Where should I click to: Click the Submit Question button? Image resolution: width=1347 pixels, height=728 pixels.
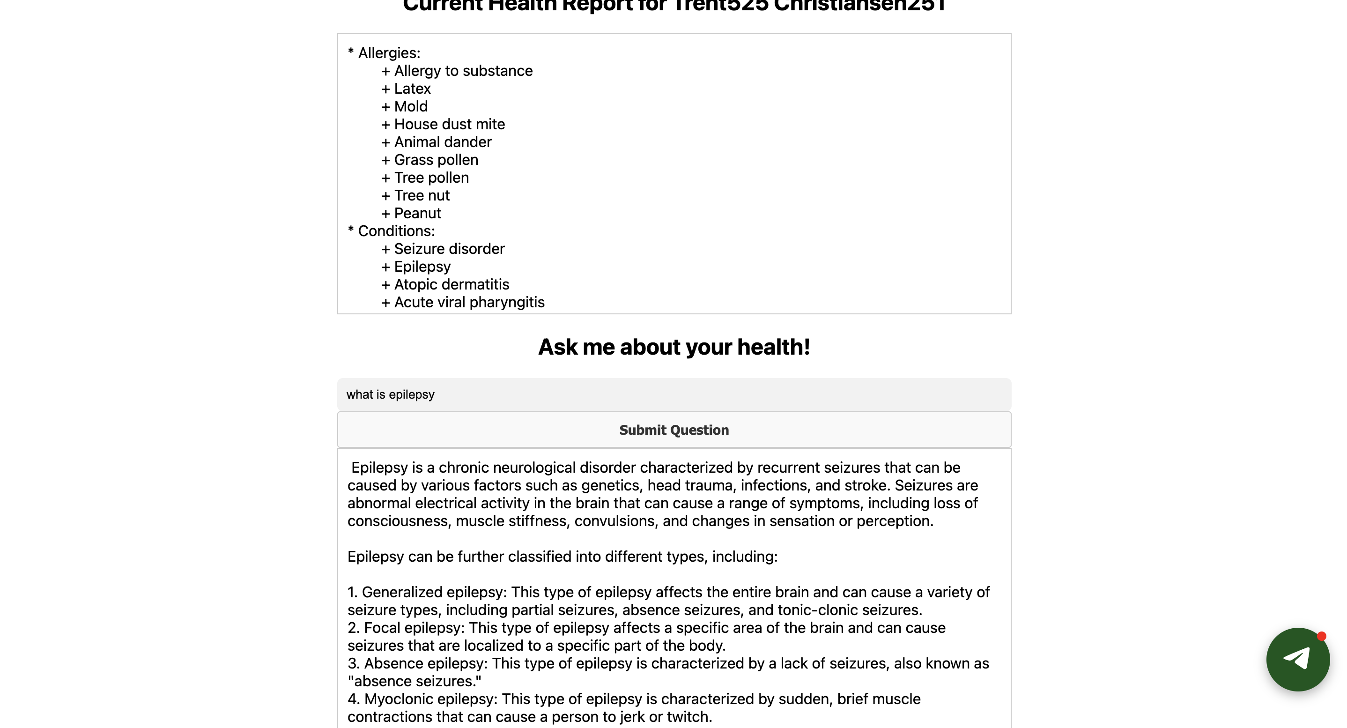coord(673,430)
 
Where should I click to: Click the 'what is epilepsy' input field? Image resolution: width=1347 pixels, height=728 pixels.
coord(673,394)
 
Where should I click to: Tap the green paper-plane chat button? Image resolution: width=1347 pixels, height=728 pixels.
coord(1297,659)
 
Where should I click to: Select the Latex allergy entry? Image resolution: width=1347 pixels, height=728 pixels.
coord(412,89)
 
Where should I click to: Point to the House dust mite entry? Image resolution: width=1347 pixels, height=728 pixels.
coord(449,125)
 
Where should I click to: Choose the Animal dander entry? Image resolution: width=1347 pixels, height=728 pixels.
coord(443,142)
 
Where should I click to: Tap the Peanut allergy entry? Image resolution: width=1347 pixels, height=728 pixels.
coord(417,213)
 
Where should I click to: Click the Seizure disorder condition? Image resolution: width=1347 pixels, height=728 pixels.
coord(449,249)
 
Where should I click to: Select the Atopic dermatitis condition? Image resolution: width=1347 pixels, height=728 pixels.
coord(451,284)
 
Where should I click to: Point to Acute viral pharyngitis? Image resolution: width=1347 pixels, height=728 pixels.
coord(469,302)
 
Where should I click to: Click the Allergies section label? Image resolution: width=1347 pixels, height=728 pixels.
coord(389,53)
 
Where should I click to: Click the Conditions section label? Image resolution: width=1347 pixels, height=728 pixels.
coord(396,231)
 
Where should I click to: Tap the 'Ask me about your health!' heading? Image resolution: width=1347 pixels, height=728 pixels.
coord(673,347)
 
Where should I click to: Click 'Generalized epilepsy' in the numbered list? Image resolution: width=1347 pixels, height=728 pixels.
coord(434,592)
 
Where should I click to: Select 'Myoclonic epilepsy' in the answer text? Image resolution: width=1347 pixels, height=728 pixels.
coord(432,698)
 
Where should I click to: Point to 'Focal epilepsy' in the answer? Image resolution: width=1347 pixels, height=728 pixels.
coord(414,628)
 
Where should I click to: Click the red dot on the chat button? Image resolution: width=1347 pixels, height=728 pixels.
coord(1321,637)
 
